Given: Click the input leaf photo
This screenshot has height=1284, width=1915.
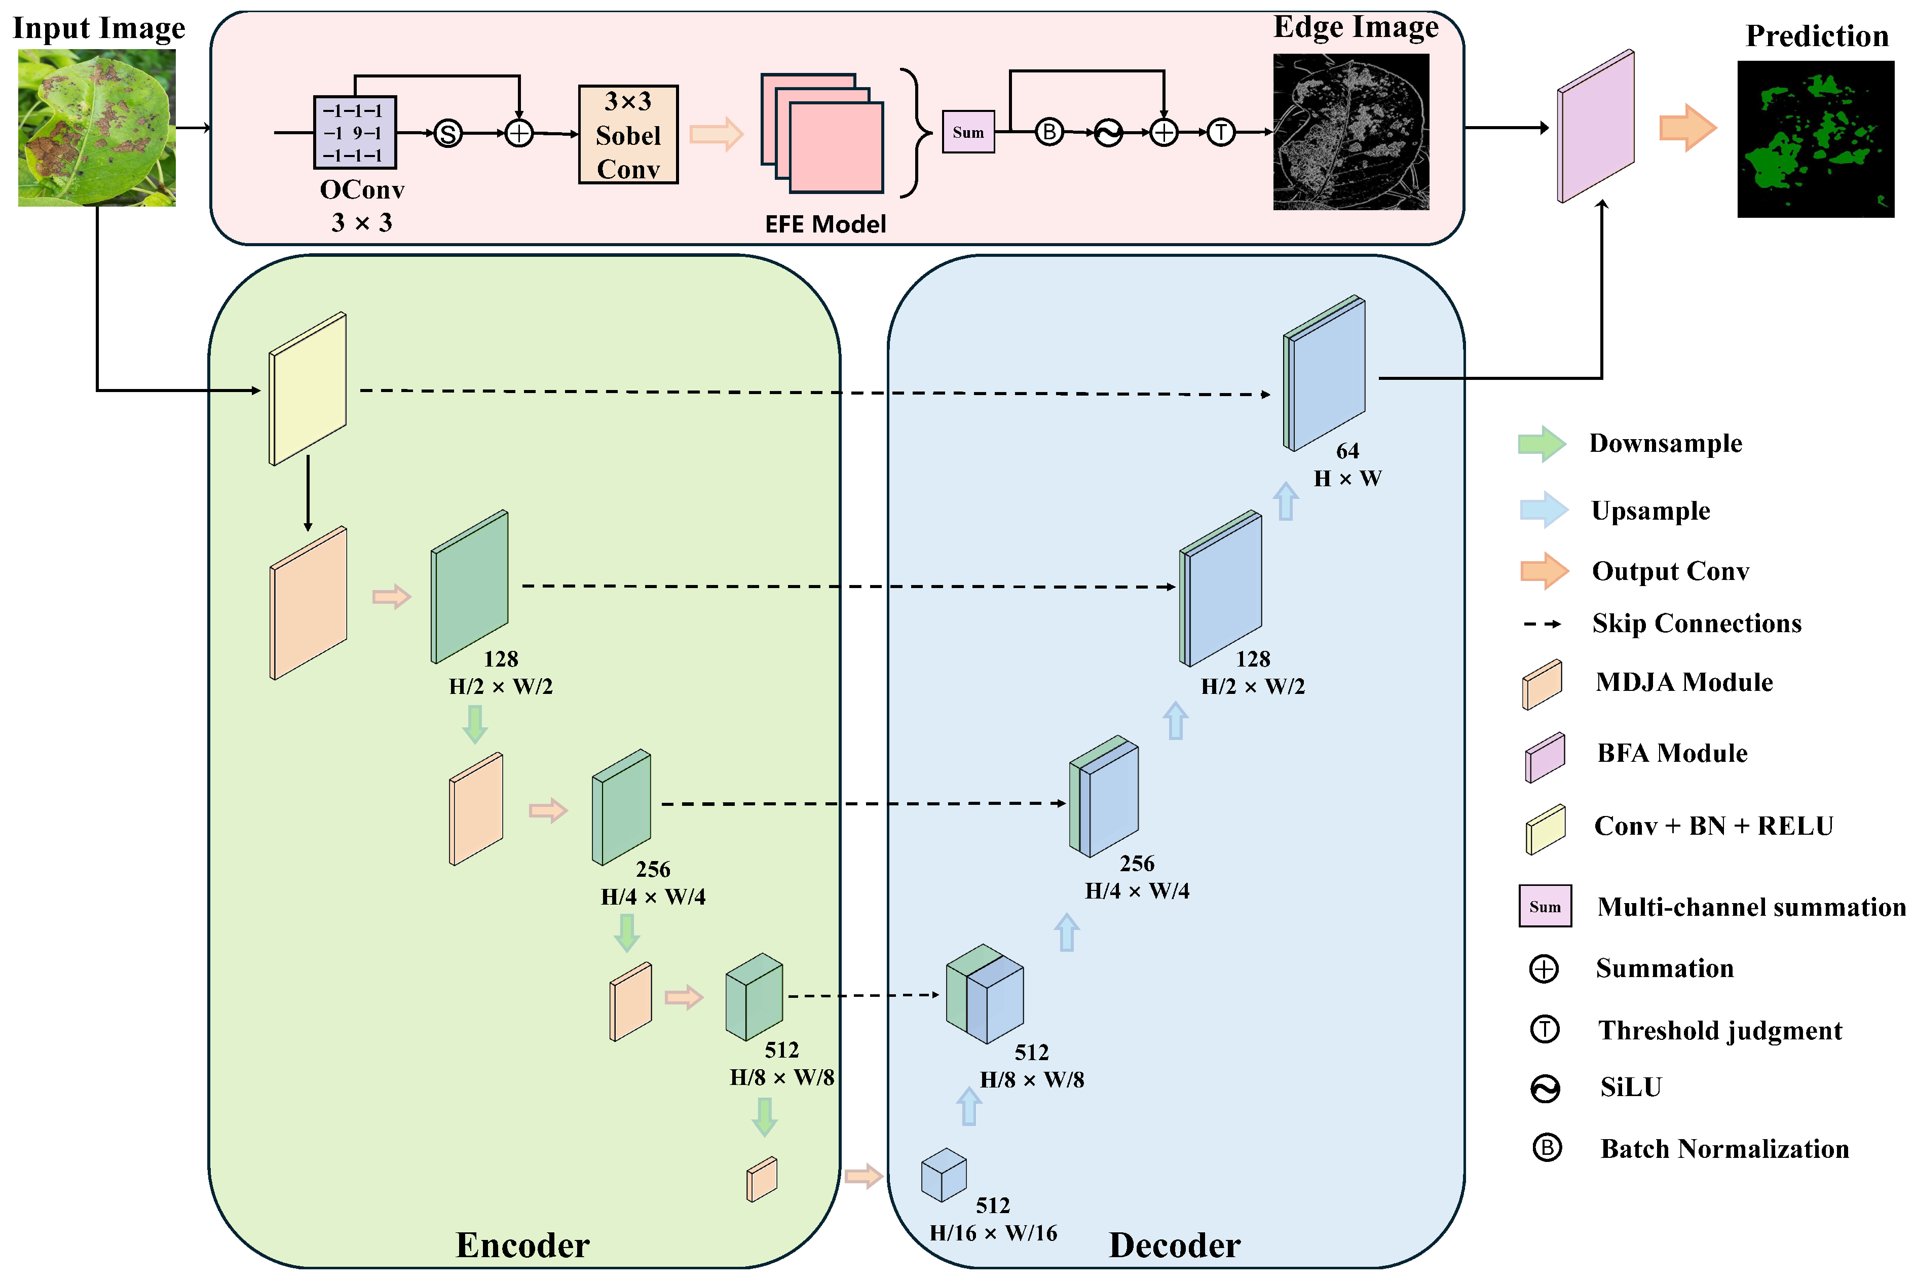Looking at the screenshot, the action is [x=97, y=128].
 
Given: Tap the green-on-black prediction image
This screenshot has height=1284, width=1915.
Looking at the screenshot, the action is [x=1816, y=139].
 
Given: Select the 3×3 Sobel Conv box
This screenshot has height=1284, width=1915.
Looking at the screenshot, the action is [x=628, y=134].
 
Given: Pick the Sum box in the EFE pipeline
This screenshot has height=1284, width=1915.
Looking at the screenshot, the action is [x=968, y=132].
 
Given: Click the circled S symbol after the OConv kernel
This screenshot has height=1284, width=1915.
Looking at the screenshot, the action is [x=448, y=133].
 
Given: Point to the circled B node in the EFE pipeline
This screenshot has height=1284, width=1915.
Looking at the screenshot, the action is [x=1049, y=132].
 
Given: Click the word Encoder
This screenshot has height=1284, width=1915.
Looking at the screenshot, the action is [x=522, y=1246].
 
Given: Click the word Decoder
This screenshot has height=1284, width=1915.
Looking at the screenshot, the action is [x=1175, y=1246].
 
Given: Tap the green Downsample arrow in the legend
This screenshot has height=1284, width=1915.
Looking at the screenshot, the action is [x=1543, y=444].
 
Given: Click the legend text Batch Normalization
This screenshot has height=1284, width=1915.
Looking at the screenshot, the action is [x=1725, y=1149].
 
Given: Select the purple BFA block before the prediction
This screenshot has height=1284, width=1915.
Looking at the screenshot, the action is [x=1596, y=126].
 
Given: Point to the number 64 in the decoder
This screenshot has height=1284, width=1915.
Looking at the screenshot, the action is [x=1347, y=451].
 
